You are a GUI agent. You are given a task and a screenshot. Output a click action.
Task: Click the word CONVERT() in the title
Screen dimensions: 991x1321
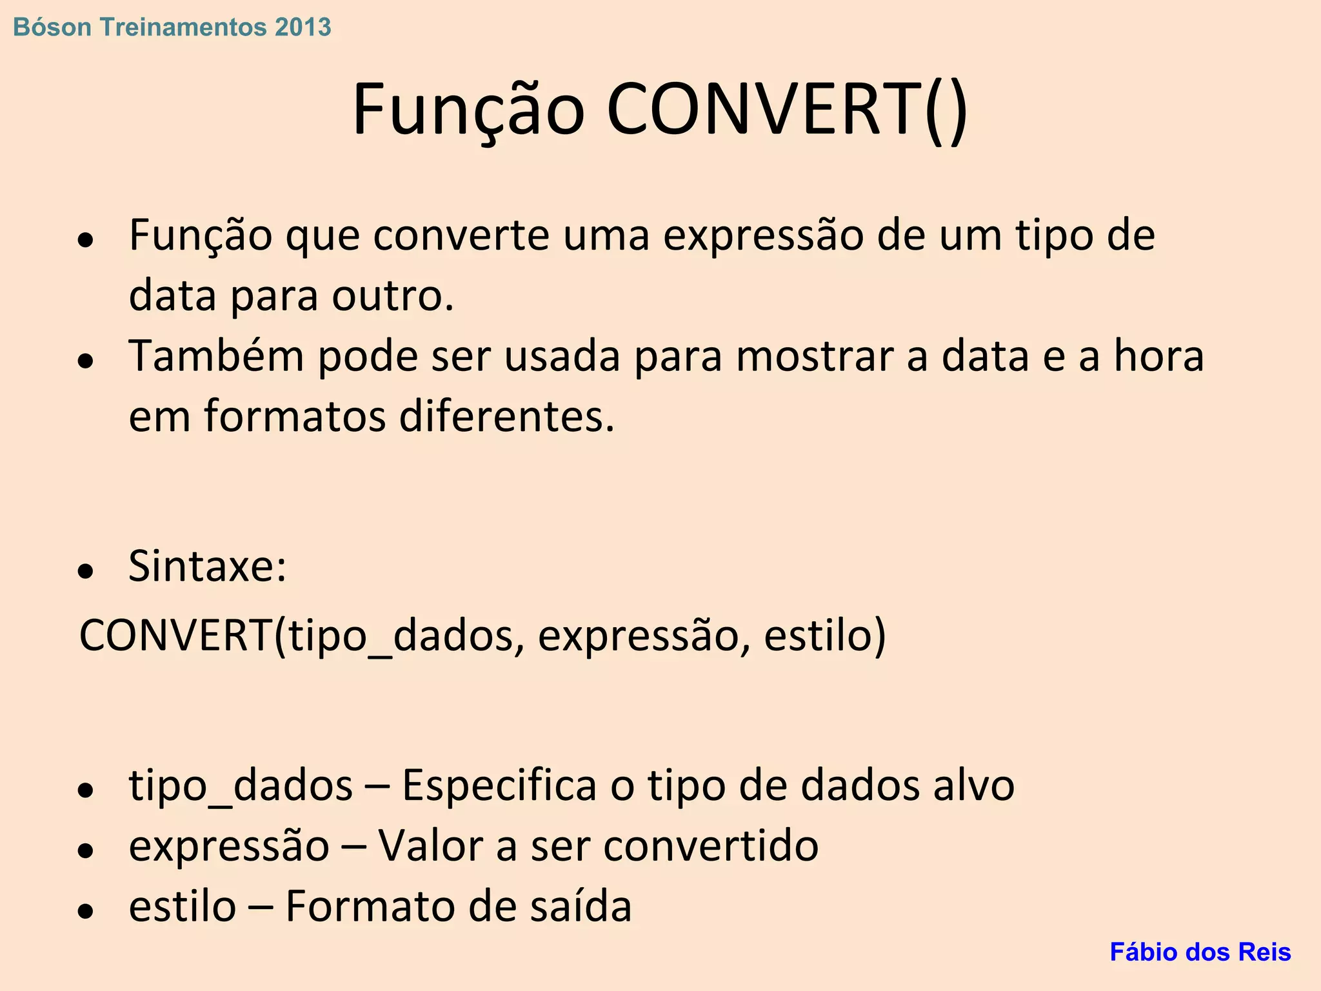(x=787, y=110)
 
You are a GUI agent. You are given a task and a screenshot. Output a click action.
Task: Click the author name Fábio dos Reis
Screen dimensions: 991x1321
(x=1200, y=952)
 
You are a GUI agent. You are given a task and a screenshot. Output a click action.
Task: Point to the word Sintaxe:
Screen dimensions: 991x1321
(x=207, y=567)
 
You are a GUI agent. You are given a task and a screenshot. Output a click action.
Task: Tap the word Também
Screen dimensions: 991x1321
(x=216, y=356)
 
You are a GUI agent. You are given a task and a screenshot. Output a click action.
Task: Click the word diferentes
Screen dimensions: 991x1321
(x=506, y=417)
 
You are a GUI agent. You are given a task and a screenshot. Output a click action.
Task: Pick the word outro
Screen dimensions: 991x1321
(x=393, y=296)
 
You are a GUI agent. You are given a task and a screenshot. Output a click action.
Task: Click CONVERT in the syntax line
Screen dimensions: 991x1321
(x=176, y=636)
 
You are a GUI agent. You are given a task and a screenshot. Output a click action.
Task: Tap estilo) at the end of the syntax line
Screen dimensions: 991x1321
(x=825, y=636)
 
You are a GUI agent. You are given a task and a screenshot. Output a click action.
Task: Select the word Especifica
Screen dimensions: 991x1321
(x=499, y=786)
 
